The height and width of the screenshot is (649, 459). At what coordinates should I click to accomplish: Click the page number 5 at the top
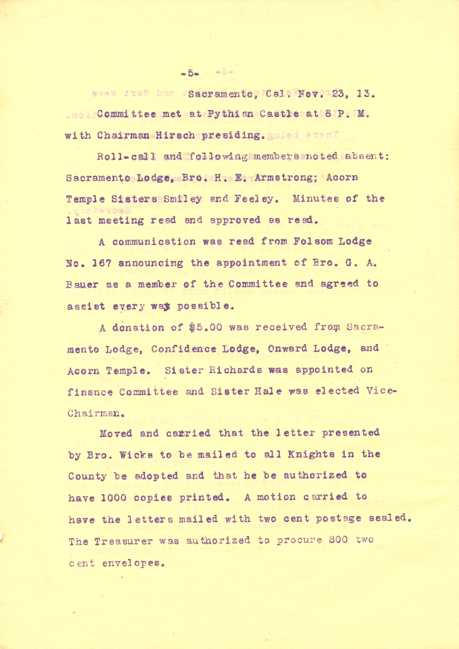coord(191,73)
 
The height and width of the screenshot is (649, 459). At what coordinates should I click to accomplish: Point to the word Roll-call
coord(118,157)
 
